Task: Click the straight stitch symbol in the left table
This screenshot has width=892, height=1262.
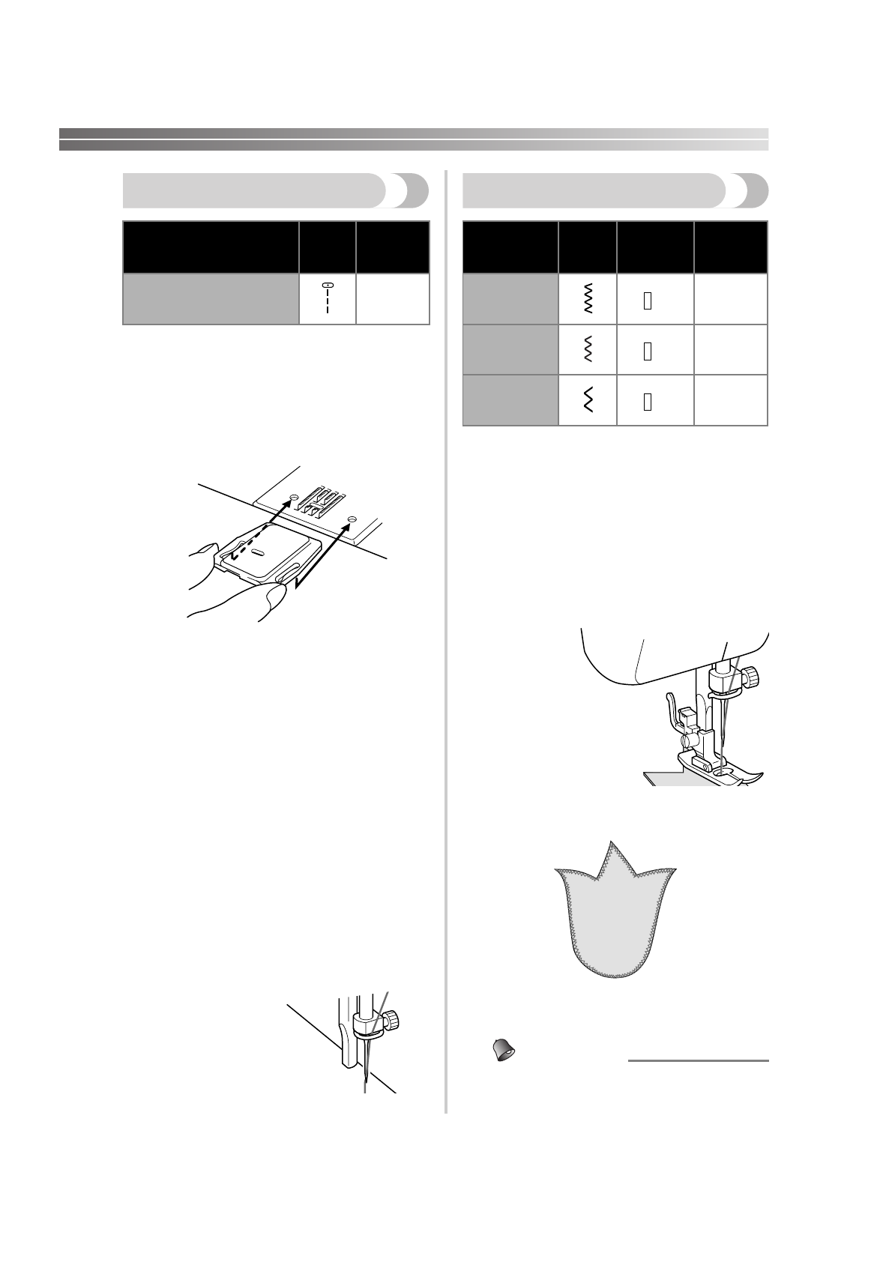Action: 328,298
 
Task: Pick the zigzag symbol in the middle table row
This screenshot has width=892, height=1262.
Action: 588,350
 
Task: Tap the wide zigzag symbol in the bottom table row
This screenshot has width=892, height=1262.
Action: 588,401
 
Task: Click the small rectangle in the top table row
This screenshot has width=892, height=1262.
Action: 648,301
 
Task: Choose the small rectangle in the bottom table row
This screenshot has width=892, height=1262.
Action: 648,402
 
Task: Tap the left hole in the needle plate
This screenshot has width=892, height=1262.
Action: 294,496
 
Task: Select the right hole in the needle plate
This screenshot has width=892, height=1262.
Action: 351,518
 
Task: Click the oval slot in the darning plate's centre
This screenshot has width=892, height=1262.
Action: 256,552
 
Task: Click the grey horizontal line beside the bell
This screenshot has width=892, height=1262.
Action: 698,1061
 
